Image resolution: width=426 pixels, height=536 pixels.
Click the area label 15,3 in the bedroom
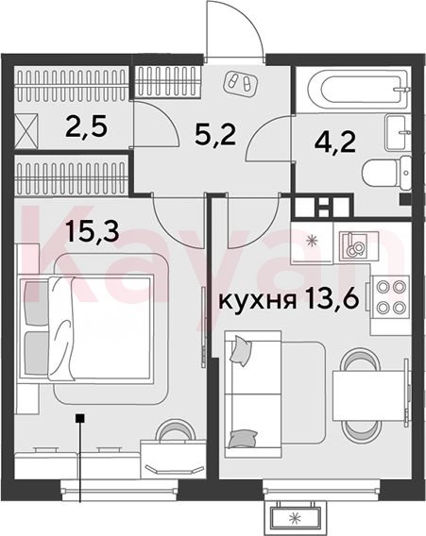(93, 231)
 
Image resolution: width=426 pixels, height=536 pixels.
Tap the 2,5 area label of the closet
(87, 126)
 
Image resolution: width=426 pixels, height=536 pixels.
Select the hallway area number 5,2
(215, 134)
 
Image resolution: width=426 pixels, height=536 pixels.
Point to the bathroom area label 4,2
(335, 142)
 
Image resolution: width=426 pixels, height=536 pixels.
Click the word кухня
(257, 301)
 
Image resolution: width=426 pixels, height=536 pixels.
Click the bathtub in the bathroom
(358, 89)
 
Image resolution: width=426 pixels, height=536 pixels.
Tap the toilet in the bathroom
(386, 173)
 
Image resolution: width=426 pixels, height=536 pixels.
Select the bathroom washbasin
(398, 132)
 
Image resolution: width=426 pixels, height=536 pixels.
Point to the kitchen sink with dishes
(353, 244)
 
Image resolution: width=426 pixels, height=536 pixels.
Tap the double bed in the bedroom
(86, 328)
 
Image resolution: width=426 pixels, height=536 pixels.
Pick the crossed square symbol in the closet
(27, 132)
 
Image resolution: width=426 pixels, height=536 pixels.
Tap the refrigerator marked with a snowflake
(312, 243)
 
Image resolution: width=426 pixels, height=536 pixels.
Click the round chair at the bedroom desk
(175, 431)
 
